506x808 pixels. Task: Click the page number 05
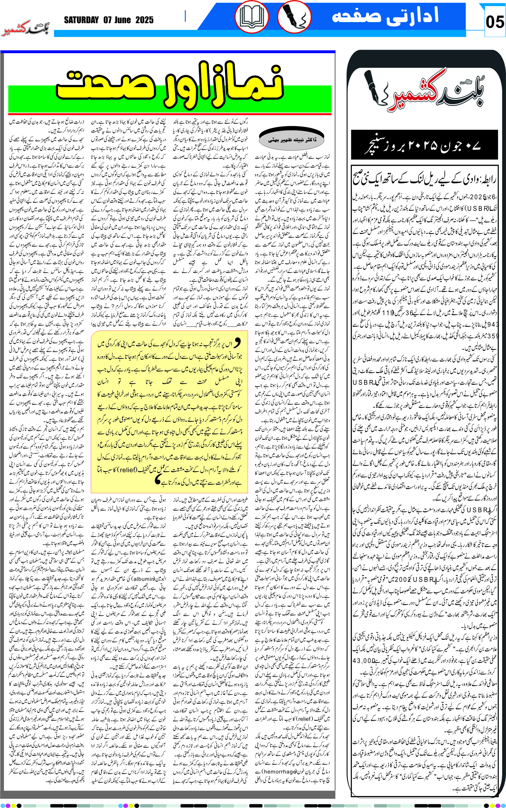495,22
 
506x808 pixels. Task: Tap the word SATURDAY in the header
81,20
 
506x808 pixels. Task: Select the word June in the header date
123,20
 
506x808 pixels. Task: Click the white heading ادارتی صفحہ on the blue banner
385,16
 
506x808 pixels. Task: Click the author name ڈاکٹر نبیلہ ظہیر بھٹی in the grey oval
292,140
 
